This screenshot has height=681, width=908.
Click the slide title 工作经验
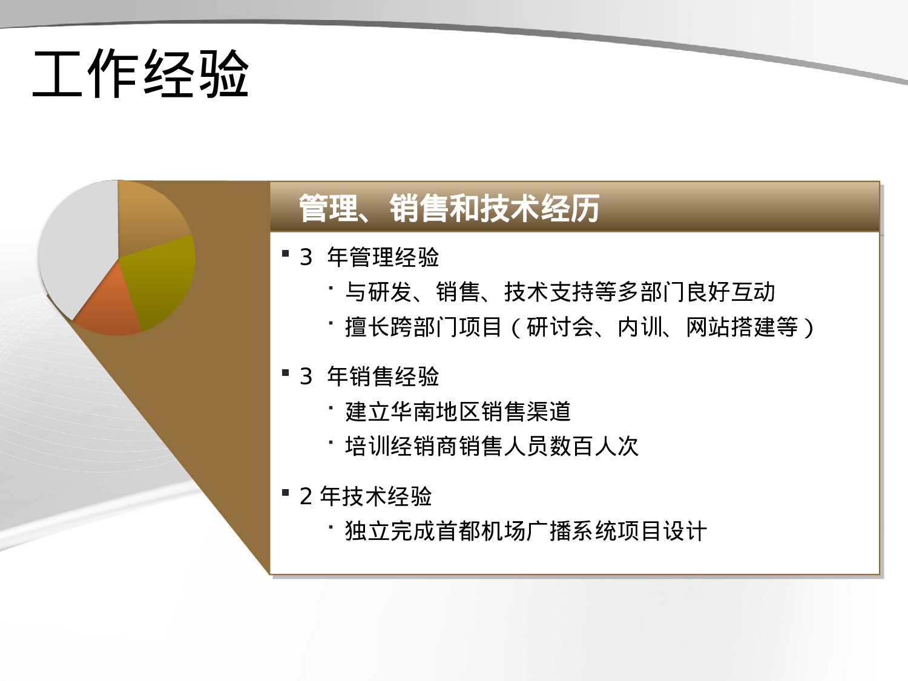point(140,74)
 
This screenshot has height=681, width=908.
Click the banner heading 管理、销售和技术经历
point(449,208)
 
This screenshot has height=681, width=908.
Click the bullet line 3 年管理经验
point(369,257)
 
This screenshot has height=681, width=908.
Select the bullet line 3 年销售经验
point(369,377)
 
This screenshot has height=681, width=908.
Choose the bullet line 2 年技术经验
point(366,496)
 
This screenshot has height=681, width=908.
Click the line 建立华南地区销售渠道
point(458,412)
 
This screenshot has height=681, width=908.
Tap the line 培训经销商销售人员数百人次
point(492,446)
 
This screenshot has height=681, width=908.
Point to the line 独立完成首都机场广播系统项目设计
point(525,531)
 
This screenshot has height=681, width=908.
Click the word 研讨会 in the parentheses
point(560,327)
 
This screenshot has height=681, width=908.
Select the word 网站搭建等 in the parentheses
point(742,327)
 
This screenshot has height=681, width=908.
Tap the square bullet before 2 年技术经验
point(286,492)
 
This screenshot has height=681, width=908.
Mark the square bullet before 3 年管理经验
point(286,253)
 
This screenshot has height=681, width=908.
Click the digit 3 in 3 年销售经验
point(306,377)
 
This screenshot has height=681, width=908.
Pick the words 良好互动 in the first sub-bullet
point(731,292)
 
